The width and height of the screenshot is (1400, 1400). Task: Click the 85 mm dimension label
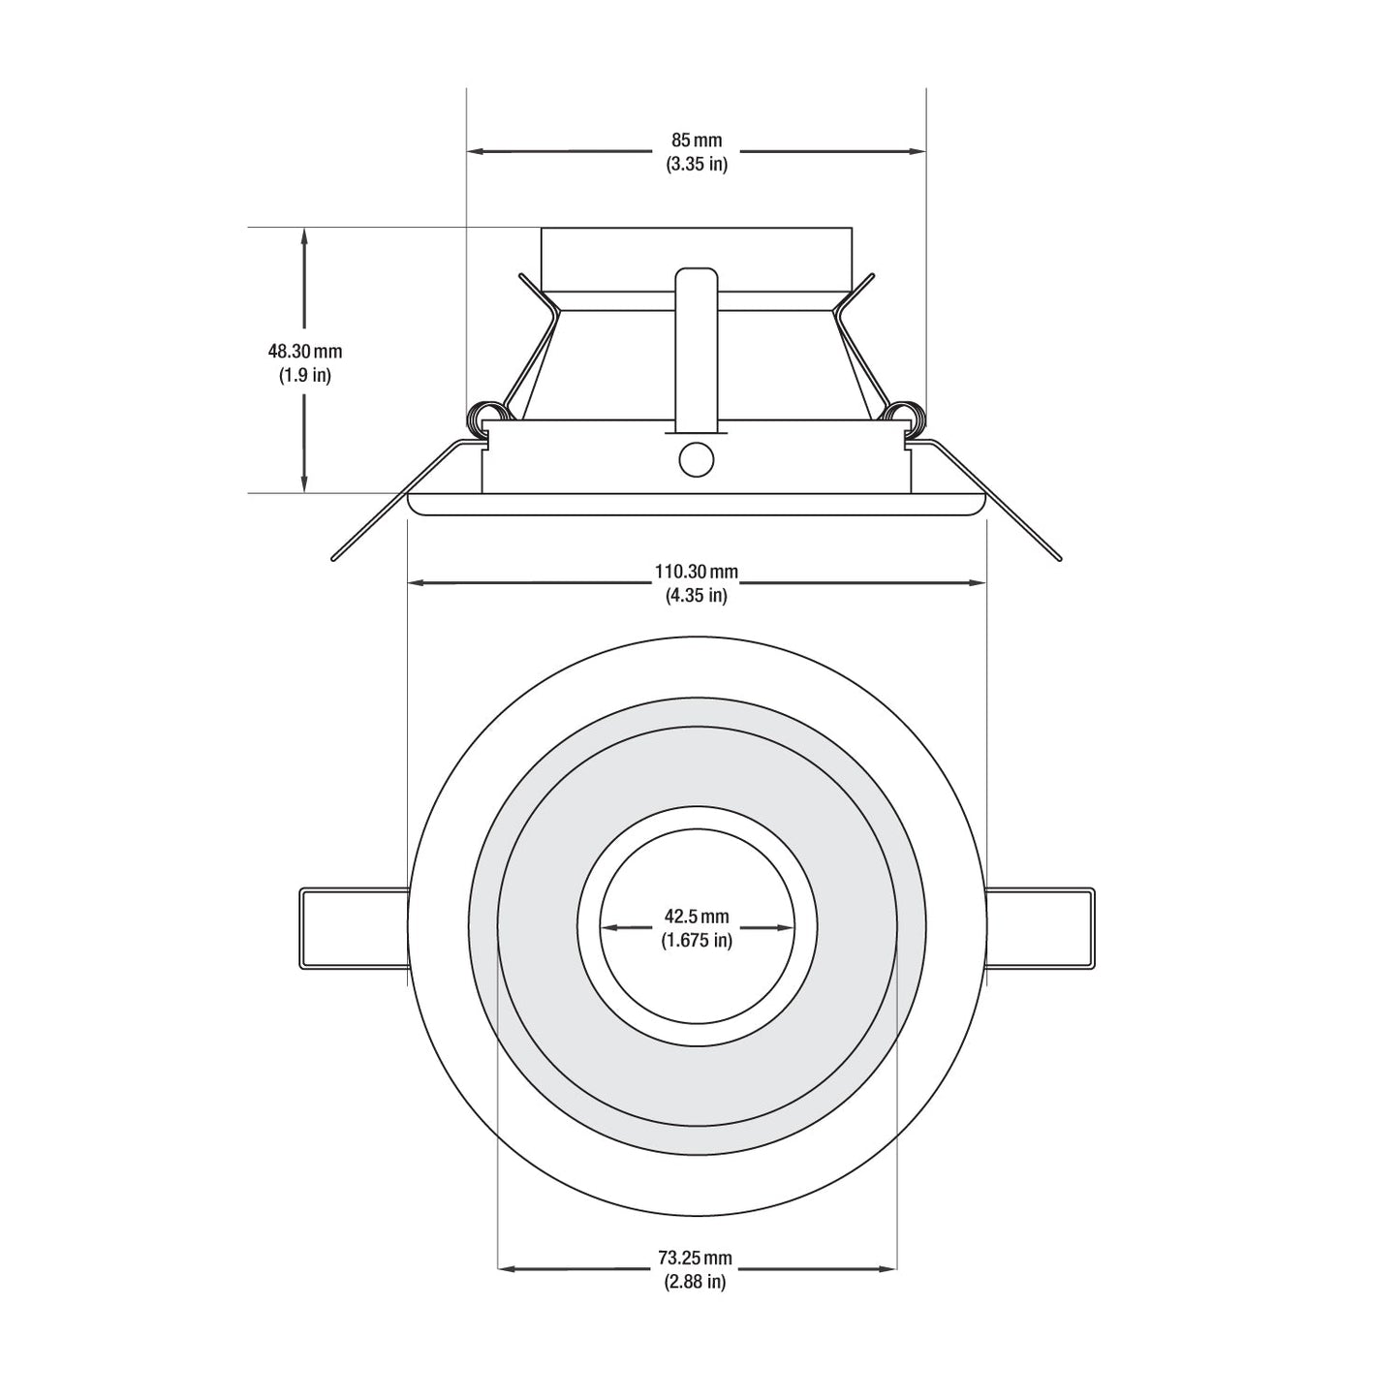click(x=696, y=140)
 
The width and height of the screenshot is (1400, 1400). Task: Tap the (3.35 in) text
click(x=696, y=164)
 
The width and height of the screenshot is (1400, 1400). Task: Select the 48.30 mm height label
click(x=304, y=352)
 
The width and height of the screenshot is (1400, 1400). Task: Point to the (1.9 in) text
click(x=304, y=376)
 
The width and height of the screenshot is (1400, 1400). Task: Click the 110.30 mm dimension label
click(x=696, y=572)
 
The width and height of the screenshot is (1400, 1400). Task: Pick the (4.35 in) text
click(x=696, y=596)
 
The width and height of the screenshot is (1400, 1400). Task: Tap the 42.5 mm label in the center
click(x=696, y=917)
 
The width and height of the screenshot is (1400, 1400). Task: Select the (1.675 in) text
click(x=696, y=941)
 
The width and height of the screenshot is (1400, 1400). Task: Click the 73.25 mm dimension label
click(x=695, y=1258)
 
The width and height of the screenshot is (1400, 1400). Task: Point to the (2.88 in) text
click(x=695, y=1282)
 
